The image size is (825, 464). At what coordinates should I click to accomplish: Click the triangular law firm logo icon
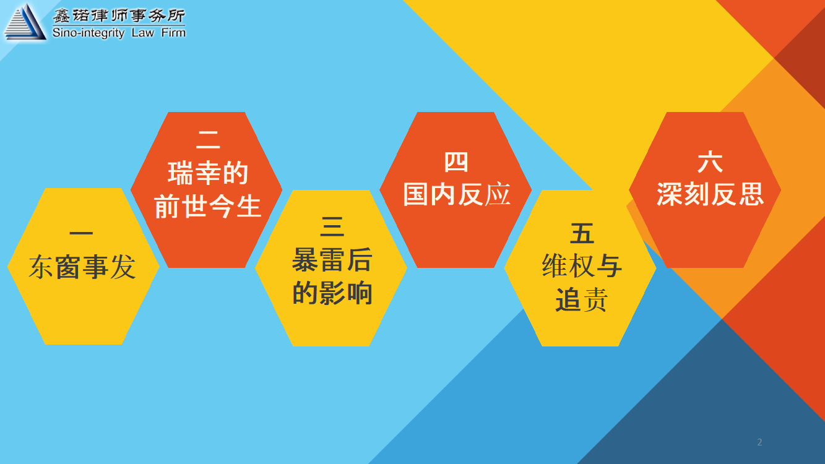coord(25,22)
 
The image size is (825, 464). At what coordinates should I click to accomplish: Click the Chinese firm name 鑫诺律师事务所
coord(119,15)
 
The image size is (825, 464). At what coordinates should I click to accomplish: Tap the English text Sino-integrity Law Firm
coord(119,33)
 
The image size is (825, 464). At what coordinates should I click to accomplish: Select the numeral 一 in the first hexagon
coord(81,233)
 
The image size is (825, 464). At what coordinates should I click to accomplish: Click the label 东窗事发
coord(82,267)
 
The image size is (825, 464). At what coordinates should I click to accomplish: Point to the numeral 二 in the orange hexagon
coord(208,140)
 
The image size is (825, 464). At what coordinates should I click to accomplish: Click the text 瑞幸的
coord(208,173)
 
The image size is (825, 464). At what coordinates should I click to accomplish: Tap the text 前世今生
coord(208,206)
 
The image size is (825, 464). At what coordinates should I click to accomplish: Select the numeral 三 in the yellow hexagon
coord(332,226)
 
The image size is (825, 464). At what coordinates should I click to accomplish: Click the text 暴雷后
coord(332,260)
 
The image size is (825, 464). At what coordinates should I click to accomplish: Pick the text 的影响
coord(332,293)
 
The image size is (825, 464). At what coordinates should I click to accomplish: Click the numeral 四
coord(456,162)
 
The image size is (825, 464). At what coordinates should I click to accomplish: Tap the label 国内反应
coord(457,194)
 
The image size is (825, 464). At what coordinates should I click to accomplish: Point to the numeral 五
coord(582,233)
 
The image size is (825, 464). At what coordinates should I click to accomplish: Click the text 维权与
coord(582,266)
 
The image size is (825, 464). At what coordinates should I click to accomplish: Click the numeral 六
coord(710,161)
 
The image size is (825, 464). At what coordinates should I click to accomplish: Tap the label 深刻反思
coord(710,194)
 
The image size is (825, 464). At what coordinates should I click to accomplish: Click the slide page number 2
coord(759,442)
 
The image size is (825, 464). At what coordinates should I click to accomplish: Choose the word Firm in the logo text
coord(173,32)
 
